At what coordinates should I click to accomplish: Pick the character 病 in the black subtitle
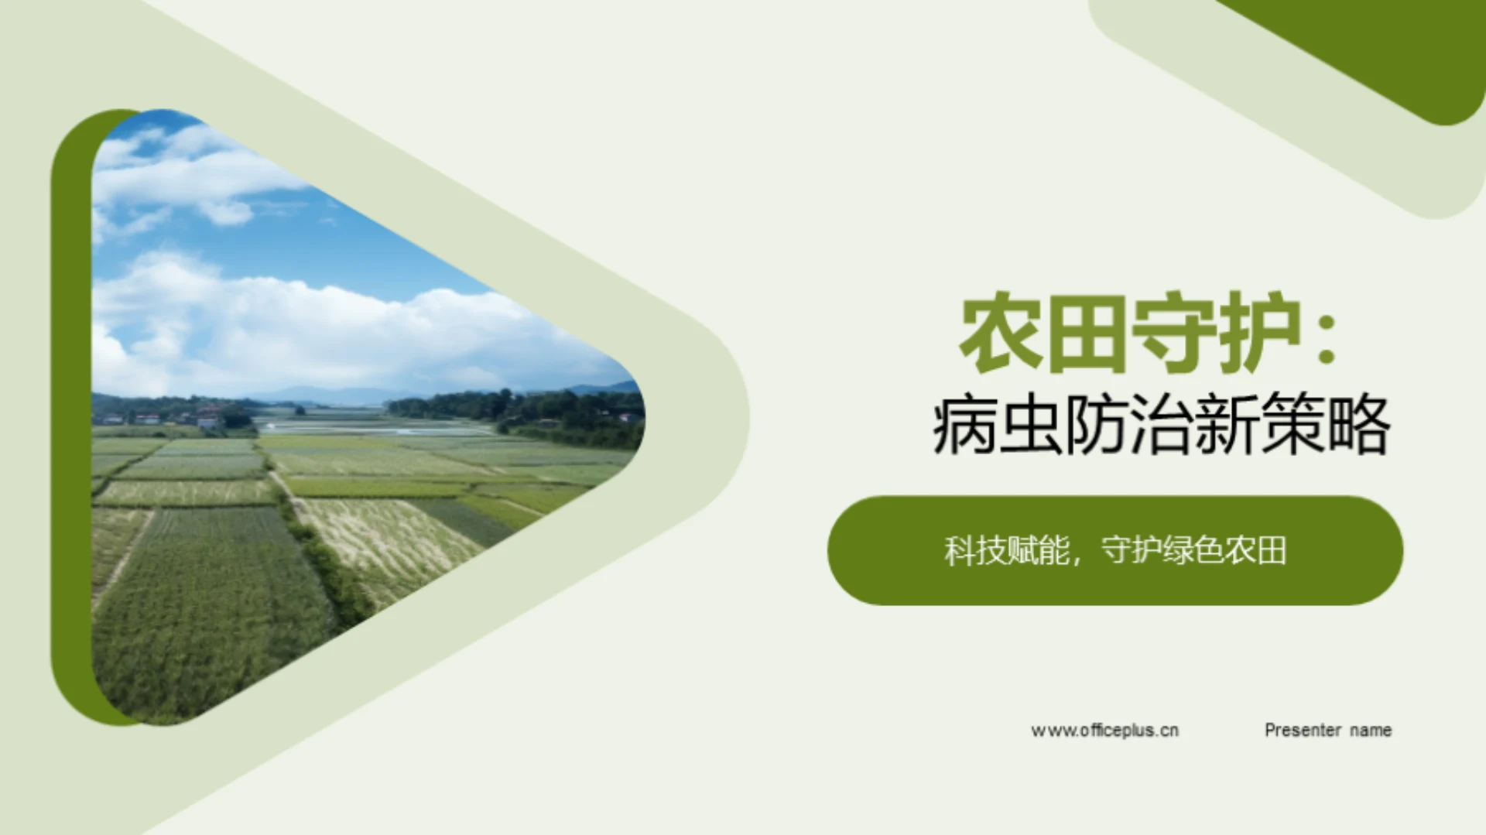click(x=964, y=426)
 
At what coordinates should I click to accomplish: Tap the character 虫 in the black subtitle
click(x=1029, y=426)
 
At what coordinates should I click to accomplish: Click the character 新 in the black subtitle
click(x=1226, y=426)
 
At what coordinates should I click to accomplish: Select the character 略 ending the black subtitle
click(x=1358, y=426)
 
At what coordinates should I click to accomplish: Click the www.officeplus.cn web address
click(x=1104, y=730)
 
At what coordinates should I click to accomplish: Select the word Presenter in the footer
click(x=1303, y=730)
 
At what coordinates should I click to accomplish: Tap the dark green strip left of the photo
click(x=71, y=418)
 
